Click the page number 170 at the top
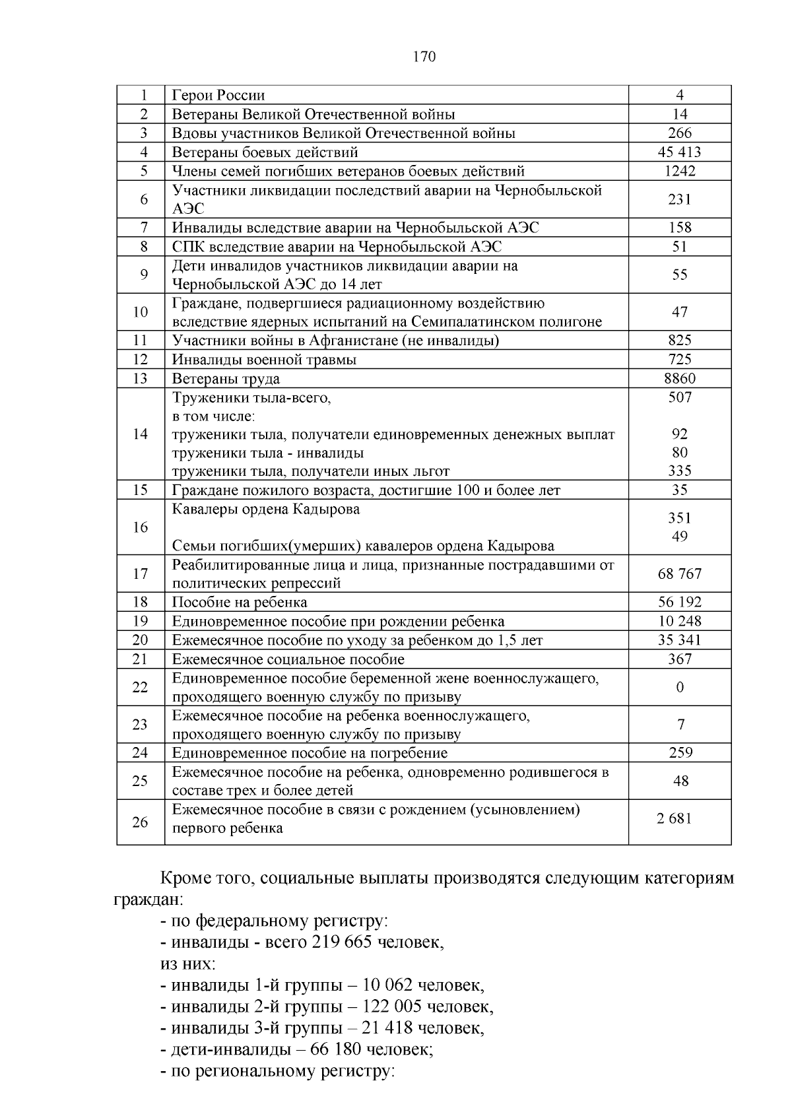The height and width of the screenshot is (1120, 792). pos(424,57)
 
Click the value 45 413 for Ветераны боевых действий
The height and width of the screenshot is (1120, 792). pos(679,152)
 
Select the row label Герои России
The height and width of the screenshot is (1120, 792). pos(218,96)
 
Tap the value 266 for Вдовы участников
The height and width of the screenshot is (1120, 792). pos(679,133)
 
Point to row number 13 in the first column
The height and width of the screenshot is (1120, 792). pos(140,379)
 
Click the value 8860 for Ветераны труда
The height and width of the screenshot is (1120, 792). pos(679,379)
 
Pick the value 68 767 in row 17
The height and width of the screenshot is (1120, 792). pos(679,574)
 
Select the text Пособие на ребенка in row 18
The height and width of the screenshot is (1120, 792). pos(240,603)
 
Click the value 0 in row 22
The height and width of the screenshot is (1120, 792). pos(680,688)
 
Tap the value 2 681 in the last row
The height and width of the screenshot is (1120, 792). pos(674,819)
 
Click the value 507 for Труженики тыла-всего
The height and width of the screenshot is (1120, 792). pos(679,397)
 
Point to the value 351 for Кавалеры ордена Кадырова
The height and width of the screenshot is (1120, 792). pos(679,518)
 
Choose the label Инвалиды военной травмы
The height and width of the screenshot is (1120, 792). pos(264,360)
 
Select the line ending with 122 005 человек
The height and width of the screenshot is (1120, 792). pos(327,1006)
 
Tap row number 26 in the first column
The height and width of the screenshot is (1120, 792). pos(140,822)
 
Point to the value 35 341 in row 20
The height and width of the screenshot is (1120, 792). pos(679,640)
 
